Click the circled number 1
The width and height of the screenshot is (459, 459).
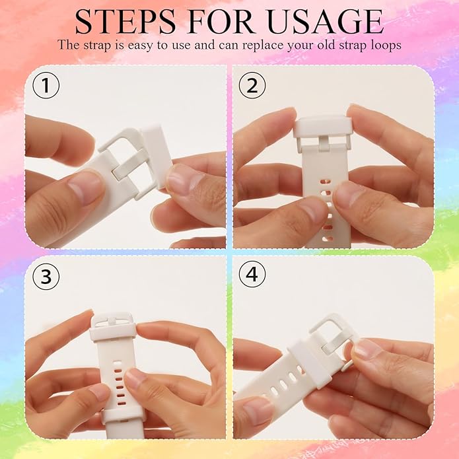[x=46, y=85]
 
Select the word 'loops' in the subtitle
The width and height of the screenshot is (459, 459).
[x=386, y=46]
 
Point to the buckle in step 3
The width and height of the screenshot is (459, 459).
[x=112, y=324]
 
